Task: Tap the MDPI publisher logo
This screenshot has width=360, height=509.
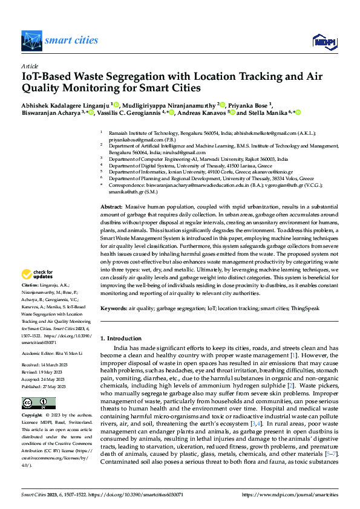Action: pyautogui.click(x=321, y=41)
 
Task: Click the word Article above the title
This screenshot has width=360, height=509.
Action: pyautogui.click(x=30, y=66)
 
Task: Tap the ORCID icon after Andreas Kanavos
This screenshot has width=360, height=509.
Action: pyautogui.click(x=231, y=112)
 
